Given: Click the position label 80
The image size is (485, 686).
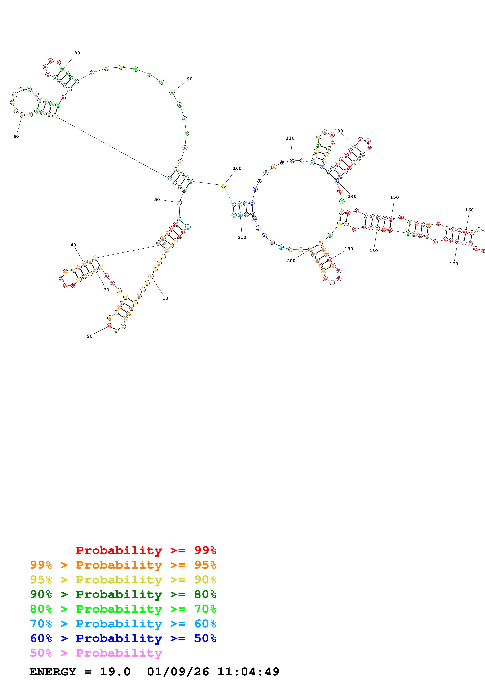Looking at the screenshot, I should tap(77, 53).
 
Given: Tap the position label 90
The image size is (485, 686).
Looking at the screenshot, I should tap(189, 79).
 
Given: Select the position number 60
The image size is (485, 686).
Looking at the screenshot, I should tap(16, 136).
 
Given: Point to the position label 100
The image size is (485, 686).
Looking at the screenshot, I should tap(237, 168).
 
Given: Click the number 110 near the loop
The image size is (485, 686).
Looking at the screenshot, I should tap(290, 138).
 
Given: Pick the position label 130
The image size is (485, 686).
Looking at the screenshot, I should tap(339, 131).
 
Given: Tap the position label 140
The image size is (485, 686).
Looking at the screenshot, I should tap(352, 196).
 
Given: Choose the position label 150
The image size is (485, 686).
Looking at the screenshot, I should tap(394, 197).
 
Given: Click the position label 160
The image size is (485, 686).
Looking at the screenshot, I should tap(469, 210).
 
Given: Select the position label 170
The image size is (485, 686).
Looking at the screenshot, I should tap(453, 264).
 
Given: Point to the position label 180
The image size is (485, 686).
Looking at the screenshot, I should tap(373, 251).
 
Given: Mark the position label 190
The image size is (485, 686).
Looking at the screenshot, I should tap(348, 249).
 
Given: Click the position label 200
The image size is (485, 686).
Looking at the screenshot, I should tap(291, 261).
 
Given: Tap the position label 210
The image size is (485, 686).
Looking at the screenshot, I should tap(242, 237).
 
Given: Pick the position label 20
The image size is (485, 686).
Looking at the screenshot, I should tap(89, 336).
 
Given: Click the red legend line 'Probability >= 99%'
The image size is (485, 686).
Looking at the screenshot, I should tap(146, 550).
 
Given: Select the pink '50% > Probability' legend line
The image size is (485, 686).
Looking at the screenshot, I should tap(96, 653).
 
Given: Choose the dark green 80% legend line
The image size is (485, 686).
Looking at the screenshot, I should tap(123, 594).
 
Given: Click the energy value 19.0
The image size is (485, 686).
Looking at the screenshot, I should tap(115, 672).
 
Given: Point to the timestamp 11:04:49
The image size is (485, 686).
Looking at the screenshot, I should tap(248, 672).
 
